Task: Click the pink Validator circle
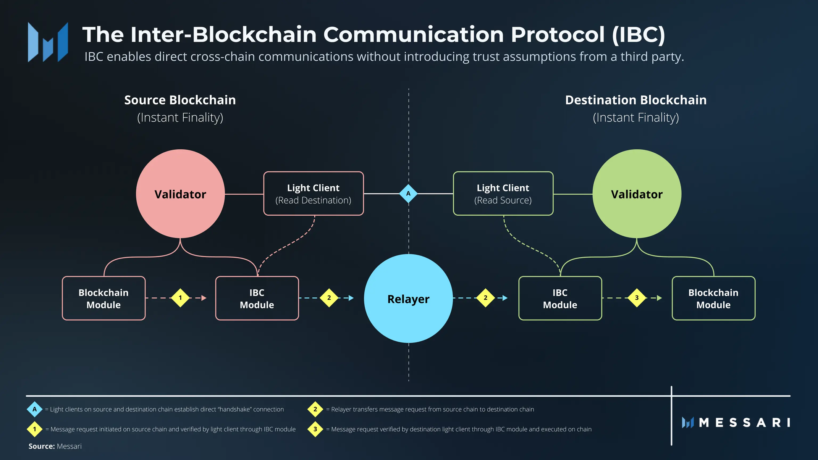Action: tap(180, 194)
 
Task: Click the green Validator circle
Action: tap(637, 194)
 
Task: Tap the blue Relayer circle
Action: tap(408, 299)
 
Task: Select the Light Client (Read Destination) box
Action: tap(313, 194)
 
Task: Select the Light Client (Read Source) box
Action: tap(503, 194)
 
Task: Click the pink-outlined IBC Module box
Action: tap(257, 298)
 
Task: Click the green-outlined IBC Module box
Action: tap(560, 298)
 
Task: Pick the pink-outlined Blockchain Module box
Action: tap(103, 298)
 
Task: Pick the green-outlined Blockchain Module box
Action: tap(713, 298)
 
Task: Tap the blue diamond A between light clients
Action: tap(408, 194)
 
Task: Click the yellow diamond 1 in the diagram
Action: tap(180, 298)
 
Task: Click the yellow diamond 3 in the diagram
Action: tap(637, 298)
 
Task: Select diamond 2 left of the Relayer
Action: tap(329, 298)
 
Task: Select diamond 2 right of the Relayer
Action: tap(485, 298)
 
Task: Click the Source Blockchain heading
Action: tap(180, 100)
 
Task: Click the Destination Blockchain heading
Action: tap(635, 100)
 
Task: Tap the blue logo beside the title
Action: tap(48, 42)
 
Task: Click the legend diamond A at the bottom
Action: tap(34, 409)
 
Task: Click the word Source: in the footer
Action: tap(42, 446)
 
